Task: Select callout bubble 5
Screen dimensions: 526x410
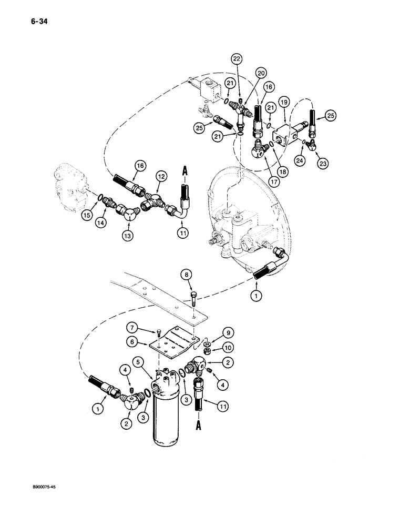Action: pyautogui.click(x=139, y=362)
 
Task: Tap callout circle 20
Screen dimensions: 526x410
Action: pyautogui.click(x=261, y=73)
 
